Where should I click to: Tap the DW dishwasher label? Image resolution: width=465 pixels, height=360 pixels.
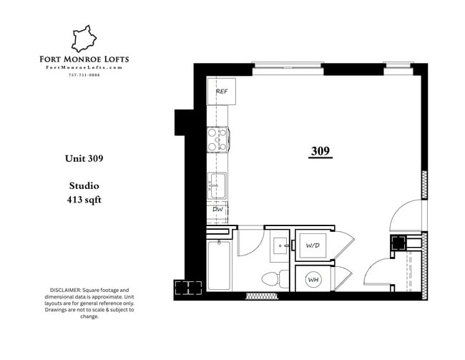click(217, 209)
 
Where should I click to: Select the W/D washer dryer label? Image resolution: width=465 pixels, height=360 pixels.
click(313, 245)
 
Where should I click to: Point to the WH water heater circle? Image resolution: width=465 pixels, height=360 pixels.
click(313, 280)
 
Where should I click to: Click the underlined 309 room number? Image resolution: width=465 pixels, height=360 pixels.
click(320, 151)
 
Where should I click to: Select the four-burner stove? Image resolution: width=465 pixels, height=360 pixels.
click(217, 138)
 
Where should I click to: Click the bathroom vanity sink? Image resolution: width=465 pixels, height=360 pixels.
click(279, 246)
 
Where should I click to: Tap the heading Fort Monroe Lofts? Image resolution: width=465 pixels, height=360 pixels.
click(84, 59)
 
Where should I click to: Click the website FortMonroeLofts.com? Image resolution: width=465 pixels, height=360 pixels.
click(84, 67)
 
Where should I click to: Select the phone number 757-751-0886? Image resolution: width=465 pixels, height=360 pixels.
click(84, 75)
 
